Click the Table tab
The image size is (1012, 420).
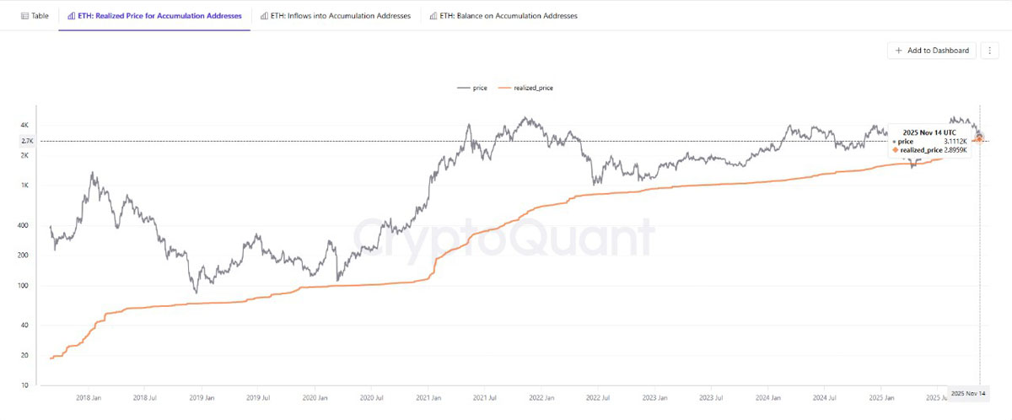[35, 16]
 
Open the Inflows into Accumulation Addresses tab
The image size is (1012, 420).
[336, 16]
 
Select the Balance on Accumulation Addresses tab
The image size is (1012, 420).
[503, 16]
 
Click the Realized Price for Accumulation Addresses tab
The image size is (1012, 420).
[154, 16]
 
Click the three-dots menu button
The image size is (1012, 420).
[989, 51]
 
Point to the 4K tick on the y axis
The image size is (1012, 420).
[24, 125]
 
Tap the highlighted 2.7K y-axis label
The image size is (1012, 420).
[27, 141]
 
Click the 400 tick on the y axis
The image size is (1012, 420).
[23, 225]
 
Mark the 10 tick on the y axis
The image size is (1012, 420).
[24, 385]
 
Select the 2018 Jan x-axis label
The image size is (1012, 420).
[89, 398]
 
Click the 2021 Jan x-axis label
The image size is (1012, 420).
[428, 398]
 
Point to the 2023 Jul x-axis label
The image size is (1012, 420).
[711, 398]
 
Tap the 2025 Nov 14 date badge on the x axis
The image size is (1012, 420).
[968, 393]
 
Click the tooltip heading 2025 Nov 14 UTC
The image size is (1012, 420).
[929, 132]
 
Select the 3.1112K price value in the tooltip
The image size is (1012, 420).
[955, 142]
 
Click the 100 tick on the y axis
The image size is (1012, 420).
[23, 285]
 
